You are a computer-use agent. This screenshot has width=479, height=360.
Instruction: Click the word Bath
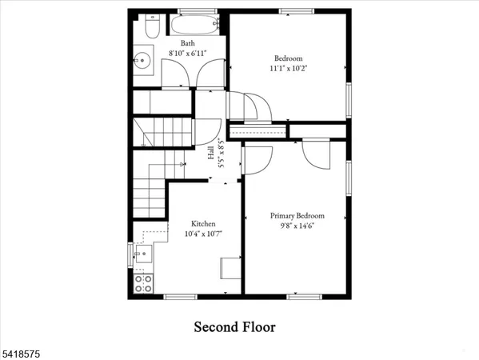click(187, 43)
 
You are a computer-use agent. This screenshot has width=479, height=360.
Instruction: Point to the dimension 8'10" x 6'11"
click(186, 52)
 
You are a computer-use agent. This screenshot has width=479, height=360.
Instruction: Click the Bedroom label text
click(288, 58)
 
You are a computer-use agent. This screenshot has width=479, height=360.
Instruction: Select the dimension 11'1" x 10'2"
click(289, 68)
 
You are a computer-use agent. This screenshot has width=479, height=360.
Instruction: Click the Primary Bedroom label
click(297, 215)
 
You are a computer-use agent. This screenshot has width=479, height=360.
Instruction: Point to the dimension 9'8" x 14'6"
click(296, 226)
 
